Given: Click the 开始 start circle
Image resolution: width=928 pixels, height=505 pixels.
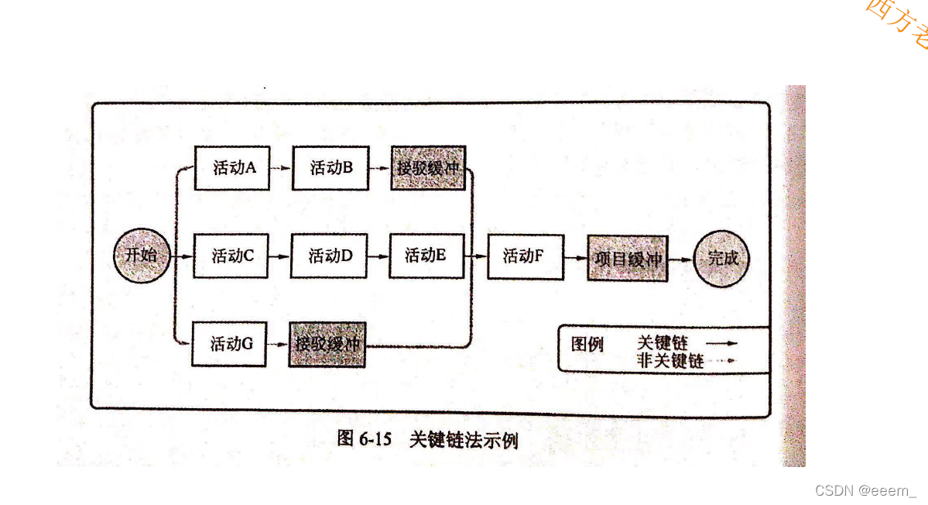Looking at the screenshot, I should pyautogui.click(x=141, y=255).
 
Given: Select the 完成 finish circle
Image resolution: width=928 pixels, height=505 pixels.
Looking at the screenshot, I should pyautogui.click(x=723, y=258).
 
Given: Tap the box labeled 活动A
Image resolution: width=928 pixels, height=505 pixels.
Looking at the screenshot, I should pyautogui.click(x=231, y=167).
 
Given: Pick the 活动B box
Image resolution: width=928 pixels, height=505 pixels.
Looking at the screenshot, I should pyautogui.click(x=330, y=167).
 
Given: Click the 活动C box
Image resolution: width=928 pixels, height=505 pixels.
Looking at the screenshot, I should pyautogui.click(x=231, y=256).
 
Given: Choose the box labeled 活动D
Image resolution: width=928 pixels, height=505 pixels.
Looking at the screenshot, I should pyautogui.click(x=329, y=256).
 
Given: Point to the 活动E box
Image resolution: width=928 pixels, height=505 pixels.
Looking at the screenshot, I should pyautogui.click(x=426, y=256).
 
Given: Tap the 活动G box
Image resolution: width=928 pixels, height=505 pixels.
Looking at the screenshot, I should pyautogui.click(x=229, y=343).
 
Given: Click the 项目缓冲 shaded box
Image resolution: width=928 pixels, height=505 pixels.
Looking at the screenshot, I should pyautogui.click(x=628, y=258).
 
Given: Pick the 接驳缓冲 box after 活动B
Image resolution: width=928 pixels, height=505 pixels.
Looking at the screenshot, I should pyautogui.click(x=428, y=167).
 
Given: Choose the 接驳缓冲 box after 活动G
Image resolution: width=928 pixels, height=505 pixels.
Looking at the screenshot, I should pyautogui.click(x=327, y=344).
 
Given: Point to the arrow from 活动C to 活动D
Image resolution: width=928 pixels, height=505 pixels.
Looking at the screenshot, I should pyautogui.click(x=279, y=256).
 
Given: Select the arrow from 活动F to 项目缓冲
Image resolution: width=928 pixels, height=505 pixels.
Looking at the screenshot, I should pyautogui.click(x=576, y=257).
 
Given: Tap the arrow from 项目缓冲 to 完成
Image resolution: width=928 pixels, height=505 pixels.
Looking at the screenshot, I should pyautogui.click(x=680, y=259).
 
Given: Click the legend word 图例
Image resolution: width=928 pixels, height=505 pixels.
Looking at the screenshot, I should pyautogui.click(x=587, y=344).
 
